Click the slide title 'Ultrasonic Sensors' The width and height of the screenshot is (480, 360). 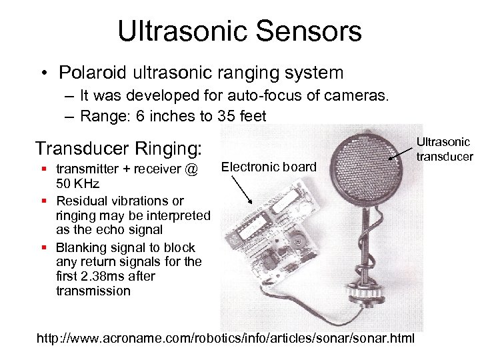239,31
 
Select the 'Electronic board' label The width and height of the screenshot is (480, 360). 269,167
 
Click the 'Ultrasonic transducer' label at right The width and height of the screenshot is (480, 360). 444,149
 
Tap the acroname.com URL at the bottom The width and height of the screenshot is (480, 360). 225,339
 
